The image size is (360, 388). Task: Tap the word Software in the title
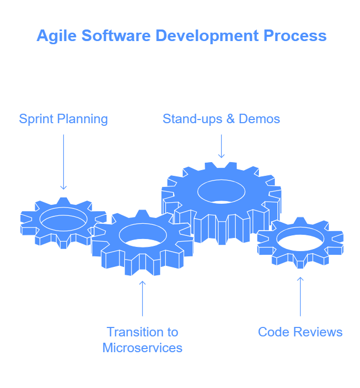tap(116, 36)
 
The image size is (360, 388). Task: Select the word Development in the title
tap(207, 36)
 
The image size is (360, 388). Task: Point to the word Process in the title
tap(295, 36)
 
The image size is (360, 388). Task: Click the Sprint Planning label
tap(63, 119)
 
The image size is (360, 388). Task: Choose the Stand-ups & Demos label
tap(221, 119)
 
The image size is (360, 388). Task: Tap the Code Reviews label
tap(300, 332)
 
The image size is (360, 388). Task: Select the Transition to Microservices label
tap(143, 340)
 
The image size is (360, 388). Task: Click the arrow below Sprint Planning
tap(64, 162)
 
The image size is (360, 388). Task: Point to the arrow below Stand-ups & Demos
tap(221, 146)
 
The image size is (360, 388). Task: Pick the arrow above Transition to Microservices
tap(142, 299)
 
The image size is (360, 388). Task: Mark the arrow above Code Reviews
tap(300, 297)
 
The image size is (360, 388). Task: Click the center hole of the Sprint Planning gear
tap(64, 219)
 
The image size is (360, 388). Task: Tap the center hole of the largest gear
tap(221, 192)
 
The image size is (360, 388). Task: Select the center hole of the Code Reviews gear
tap(300, 239)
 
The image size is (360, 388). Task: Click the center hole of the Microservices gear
tap(143, 235)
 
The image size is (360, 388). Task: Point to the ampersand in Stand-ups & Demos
tap(231, 119)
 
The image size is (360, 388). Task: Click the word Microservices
tap(143, 348)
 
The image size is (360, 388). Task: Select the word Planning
tap(83, 120)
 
